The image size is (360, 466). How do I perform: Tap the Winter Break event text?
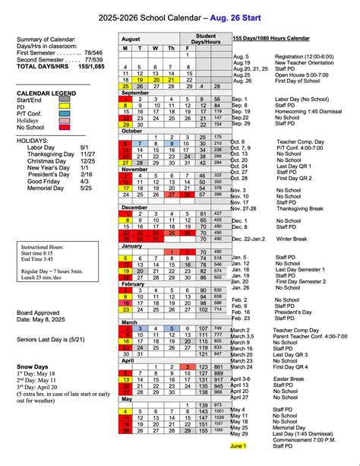(291, 239)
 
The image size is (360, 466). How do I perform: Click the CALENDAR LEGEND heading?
(49, 93)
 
